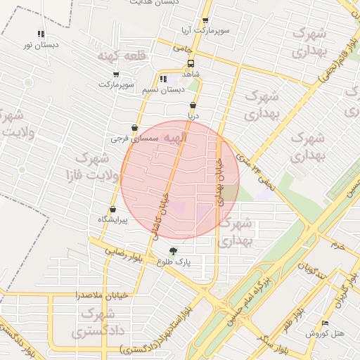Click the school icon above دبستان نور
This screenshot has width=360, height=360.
41,34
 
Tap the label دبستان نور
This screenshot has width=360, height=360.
40,45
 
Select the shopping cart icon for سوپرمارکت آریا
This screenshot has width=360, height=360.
205,21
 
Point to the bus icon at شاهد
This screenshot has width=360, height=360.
191,62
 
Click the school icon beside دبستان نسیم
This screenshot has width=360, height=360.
163,79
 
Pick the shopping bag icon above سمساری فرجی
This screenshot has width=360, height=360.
134,128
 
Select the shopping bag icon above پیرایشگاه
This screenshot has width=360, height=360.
112,209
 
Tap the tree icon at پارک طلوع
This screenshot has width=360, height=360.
174,250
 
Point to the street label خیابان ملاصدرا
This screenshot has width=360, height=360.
103,296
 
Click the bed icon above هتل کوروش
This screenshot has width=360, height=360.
324,323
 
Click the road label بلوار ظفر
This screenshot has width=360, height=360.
297,320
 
